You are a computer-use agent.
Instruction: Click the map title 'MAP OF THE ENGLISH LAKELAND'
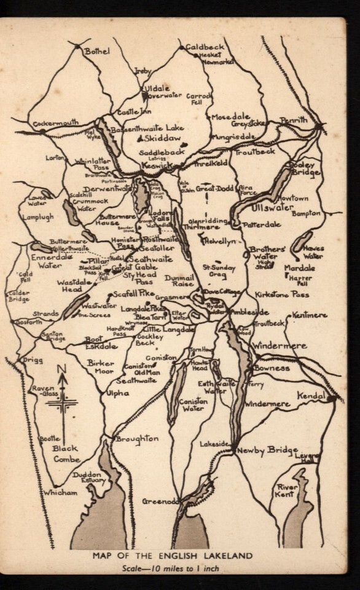click(173, 556)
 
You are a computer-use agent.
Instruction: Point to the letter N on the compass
click(61, 369)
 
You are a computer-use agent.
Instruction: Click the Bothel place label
click(96, 51)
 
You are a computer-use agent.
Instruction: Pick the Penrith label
click(294, 120)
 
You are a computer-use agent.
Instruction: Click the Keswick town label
click(157, 165)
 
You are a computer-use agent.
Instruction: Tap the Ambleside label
click(249, 312)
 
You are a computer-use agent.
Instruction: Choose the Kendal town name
click(311, 396)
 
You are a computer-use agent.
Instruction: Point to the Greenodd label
click(160, 502)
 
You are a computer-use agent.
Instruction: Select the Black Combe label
click(66, 454)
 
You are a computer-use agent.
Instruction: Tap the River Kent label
click(286, 490)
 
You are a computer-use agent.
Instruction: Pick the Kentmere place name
click(310, 315)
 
